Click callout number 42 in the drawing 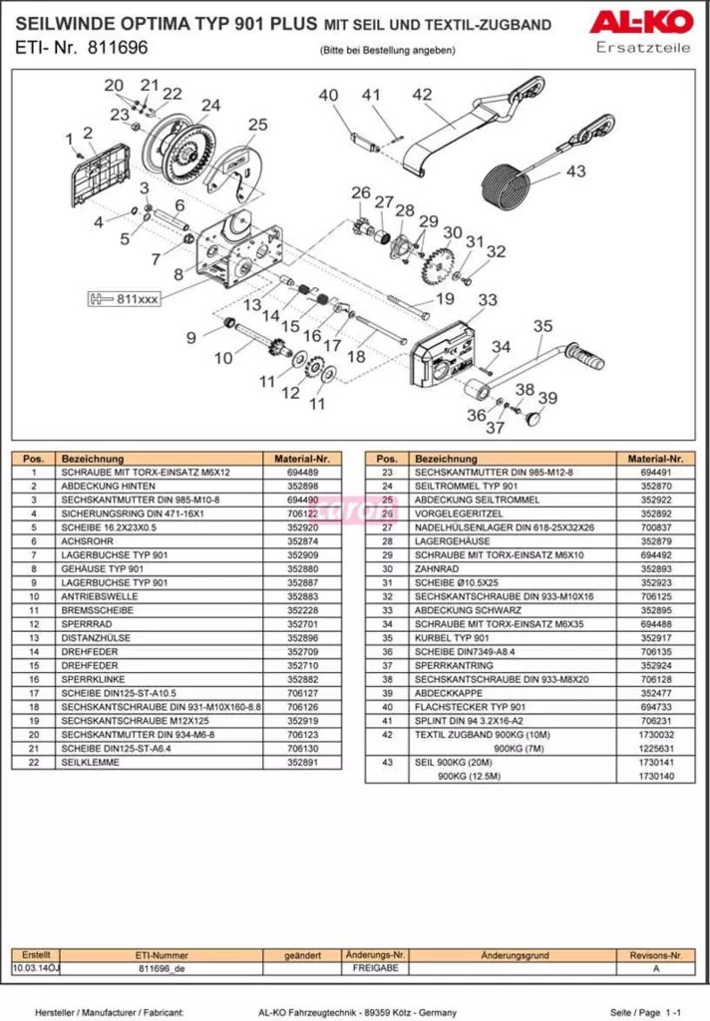tap(422, 95)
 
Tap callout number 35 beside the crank tap(541, 325)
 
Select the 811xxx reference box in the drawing tap(123, 298)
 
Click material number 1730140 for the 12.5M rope tap(654, 776)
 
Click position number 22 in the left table tap(34, 763)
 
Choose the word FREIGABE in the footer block tap(375, 968)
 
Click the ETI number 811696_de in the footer tap(163, 968)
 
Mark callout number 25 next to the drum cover tap(258, 125)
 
